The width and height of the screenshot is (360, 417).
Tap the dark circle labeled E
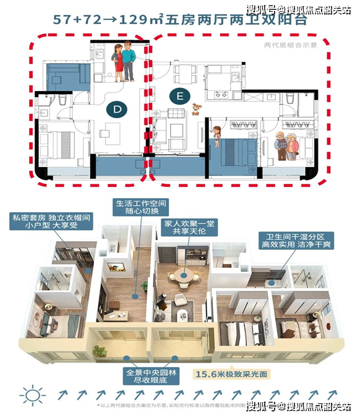point(179,97)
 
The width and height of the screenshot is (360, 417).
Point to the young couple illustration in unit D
point(123,61)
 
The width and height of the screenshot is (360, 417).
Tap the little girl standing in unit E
point(217,134)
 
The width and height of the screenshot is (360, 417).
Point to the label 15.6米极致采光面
point(231,375)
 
